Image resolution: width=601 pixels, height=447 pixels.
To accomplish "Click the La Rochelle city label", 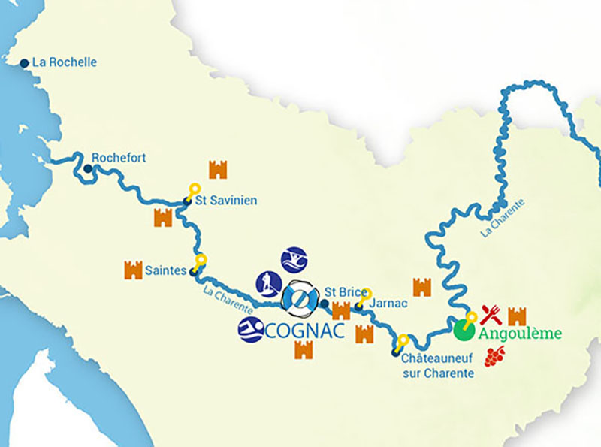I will pos(65,62).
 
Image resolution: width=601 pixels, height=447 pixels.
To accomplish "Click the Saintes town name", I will pos(167,270).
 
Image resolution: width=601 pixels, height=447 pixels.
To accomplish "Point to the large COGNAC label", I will pos(304,331).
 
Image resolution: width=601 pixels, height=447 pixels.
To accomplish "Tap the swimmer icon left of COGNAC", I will pos(250,330).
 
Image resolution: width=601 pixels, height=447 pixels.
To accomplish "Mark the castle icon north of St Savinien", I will pos(218,169).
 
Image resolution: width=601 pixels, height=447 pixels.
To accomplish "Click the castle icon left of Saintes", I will pos(133,270).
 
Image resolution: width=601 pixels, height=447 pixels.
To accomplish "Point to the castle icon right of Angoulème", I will pos(518,316).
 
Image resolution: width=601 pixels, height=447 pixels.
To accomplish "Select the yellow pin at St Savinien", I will pos(194,189).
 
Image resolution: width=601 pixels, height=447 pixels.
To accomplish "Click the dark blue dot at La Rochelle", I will pos(25,63).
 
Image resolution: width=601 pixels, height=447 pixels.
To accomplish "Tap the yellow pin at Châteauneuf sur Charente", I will pos(403,340).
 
